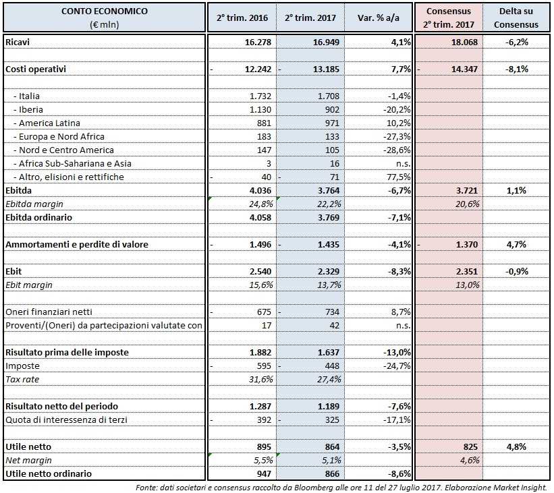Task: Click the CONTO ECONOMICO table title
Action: [104, 11]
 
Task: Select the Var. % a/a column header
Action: [377, 18]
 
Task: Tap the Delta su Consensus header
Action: [516, 18]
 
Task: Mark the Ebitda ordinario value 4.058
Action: [256, 217]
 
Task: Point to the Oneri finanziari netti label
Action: [49, 312]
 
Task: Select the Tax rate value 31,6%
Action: [257, 380]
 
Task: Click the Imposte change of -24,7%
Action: [396, 366]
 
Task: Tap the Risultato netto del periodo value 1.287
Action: [256, 406]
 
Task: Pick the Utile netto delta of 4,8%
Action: [517, 446]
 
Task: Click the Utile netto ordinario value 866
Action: [327, 473]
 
